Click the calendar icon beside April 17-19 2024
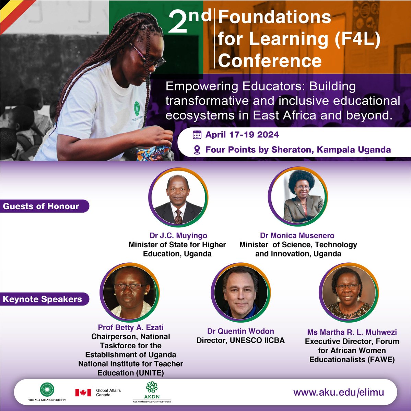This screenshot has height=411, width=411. pyautogui.click(x=197, y=134)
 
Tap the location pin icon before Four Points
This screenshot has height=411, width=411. pyautogui.click(x=197, y=150)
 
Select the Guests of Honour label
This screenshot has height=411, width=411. pyautogui.click(x=41, y=206)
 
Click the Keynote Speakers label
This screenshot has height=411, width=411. pyautogui.click(x=42, y=299)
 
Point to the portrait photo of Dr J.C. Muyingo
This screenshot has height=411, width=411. pyautogui.click(x=178, y=197)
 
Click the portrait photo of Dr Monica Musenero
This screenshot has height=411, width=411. pyautogui.click(x=297, y=197)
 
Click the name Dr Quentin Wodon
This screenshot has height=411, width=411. pyautogui.click(x=240, y=331)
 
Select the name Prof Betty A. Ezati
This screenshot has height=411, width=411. pyautogui.click(x=130, y=327)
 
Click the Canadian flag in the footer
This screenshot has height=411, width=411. pyautogui.click(x=83, y=393)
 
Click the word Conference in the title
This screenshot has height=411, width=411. pyautogui.click(x=270, y=61)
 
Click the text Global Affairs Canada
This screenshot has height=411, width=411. pyautogui.click(x=108, y=393)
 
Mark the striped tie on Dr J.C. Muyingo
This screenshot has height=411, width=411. pyautogui.click(x=178, y=216)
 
